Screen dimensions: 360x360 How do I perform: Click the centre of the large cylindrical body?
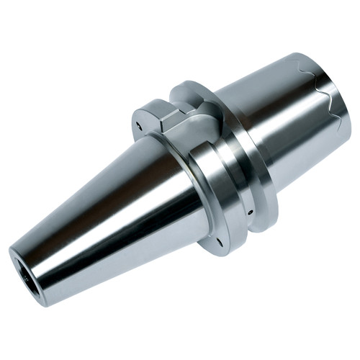pos(281,122)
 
